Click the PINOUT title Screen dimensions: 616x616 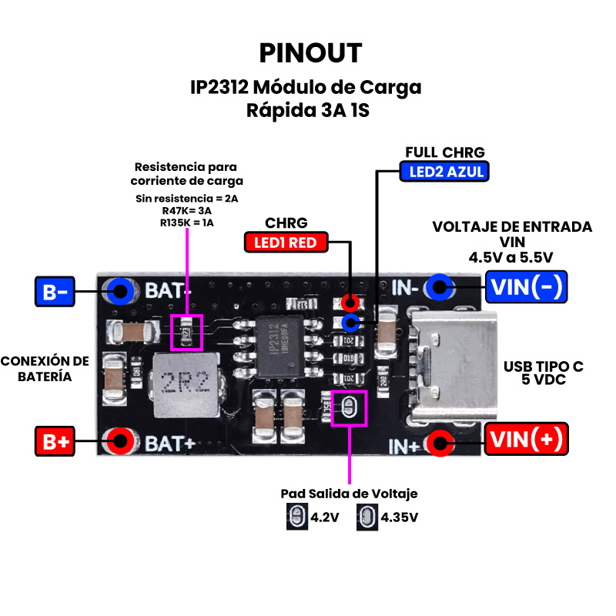pos(310,52)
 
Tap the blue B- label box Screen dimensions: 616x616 pos(55,292)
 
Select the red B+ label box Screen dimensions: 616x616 pos(55,442)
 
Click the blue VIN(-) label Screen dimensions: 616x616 pos(526,287)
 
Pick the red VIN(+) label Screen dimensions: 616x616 pos(526,440)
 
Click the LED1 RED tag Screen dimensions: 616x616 pos(286,243)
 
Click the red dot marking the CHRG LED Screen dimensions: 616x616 pos(350,303)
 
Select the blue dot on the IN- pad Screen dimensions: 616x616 pos(440,288)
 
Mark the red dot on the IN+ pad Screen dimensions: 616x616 pos(440,442)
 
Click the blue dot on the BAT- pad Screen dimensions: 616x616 pos(120,290)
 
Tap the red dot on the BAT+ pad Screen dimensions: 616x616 pos(120,441)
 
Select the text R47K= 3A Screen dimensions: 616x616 pos(186,211)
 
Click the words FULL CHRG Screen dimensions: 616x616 pos(445,152)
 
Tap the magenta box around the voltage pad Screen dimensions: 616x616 pos(349,407)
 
